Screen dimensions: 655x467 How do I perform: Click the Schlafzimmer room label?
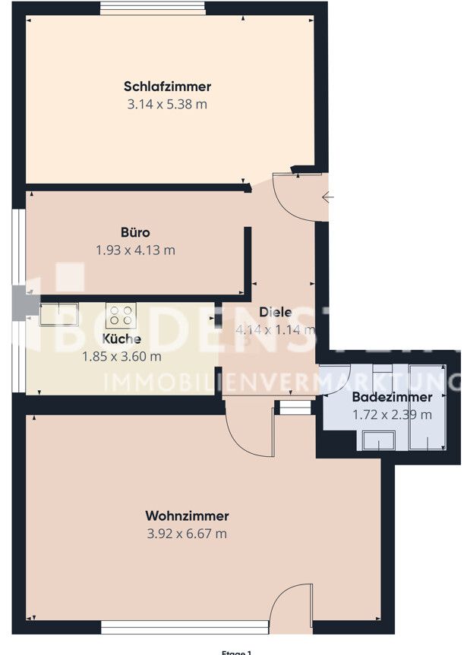(x=168, y=87)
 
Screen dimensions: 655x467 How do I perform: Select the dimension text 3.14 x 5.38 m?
(x=168, y=104)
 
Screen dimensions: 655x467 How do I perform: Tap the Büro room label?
(x=134, y=232)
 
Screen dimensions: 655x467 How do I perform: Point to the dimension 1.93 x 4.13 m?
(x=135, y=250)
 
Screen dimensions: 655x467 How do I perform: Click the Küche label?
(x=121, y=339)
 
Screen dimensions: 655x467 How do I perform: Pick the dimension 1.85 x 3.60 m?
(x=121, y=356)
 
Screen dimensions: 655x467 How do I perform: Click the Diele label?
(x=275, y=312)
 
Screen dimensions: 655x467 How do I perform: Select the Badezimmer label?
(x=392, y=397)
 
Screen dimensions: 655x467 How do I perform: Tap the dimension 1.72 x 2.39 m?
(x=392, y=414)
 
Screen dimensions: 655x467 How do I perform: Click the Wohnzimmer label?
(x=187, y=516)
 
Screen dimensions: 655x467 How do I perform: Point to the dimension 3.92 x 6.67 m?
(x=187, y=534)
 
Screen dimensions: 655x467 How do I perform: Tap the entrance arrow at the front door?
(x=329, y=198)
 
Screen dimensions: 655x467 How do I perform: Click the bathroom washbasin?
(x=378, y=440)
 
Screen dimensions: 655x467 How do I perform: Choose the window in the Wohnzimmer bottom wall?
(x=185, y=627)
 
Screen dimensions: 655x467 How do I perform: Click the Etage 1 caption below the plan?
(x=235, y=652)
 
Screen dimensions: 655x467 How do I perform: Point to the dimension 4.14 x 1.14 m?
(x=275, y=330)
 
